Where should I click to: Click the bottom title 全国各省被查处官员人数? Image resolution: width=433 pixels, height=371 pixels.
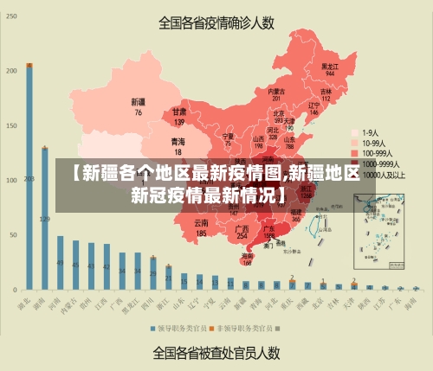216,352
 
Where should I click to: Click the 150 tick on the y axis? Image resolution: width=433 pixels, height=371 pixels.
12,125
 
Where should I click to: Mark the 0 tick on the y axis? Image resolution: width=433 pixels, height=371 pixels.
15,288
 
